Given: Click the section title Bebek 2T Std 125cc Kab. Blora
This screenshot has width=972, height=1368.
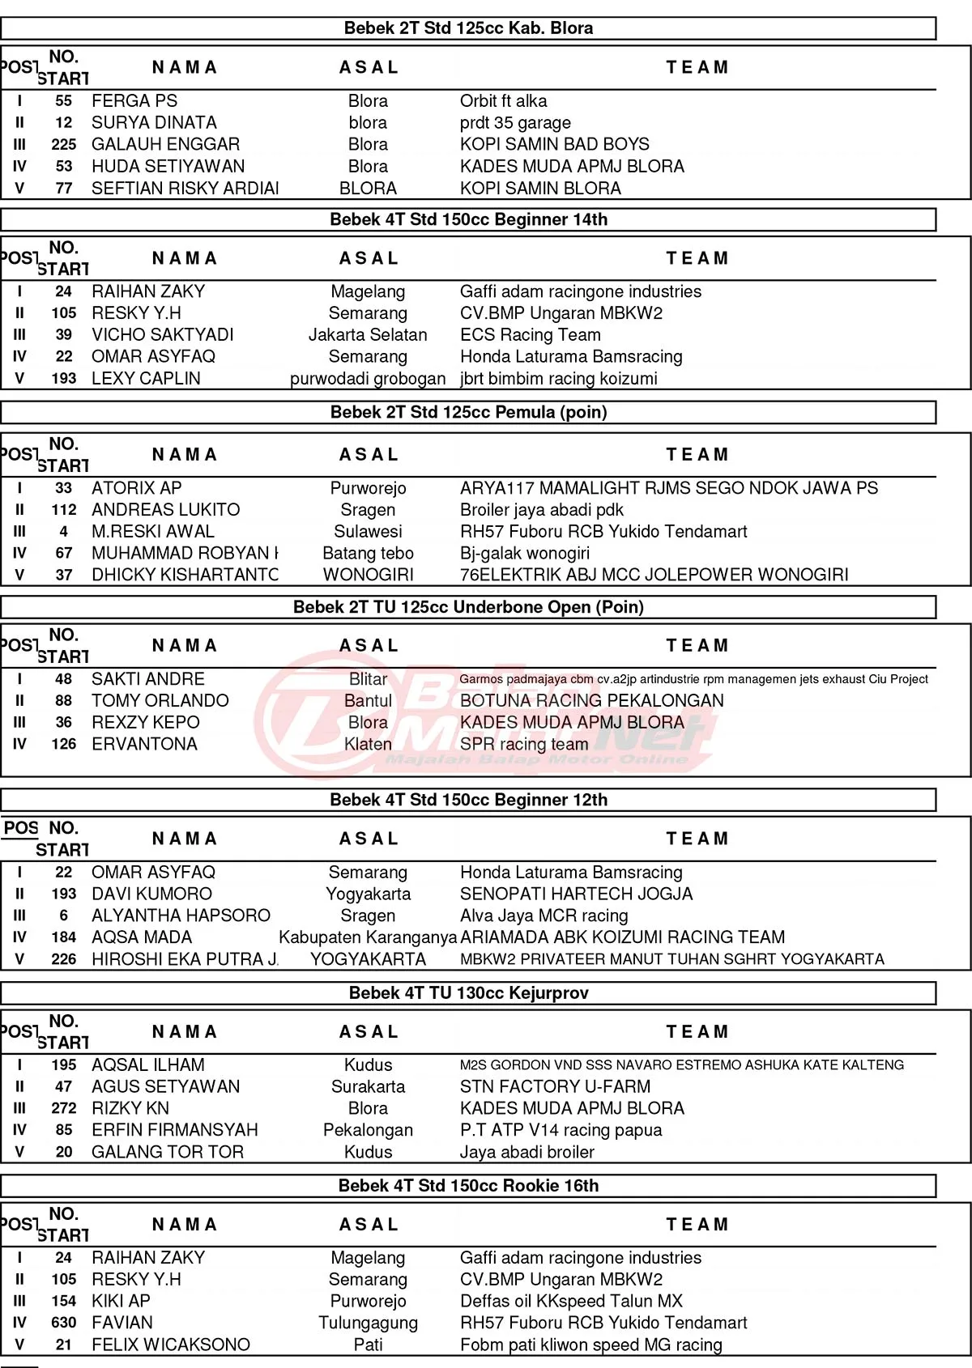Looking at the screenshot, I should (x=468, y=28).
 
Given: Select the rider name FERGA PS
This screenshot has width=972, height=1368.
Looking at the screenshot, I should (x=134, y=101).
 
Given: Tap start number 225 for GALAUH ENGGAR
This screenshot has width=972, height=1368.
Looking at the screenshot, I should (x=64, y=145).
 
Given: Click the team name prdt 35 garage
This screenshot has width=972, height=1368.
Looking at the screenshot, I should (x=515, y=123).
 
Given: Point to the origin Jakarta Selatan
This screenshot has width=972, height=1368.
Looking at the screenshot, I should (x=368, y=335).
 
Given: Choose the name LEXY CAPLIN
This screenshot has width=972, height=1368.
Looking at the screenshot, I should (x=146, y=379).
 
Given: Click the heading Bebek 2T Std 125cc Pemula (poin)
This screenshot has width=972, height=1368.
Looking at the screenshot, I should (x=468, y=412).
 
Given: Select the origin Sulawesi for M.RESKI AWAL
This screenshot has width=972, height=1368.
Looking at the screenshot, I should (x=368, y=532).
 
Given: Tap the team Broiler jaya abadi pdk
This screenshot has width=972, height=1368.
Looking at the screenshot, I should (x=542, y=510).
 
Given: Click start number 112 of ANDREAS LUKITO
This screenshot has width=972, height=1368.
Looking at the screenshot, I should (x=64, y=510).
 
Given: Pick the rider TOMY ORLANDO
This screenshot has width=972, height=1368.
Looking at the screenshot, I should (x=160, y=701).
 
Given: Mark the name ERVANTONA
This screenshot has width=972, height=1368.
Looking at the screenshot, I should (x=144, y=745).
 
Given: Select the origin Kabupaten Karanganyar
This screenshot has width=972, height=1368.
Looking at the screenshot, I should (x=368, y=937).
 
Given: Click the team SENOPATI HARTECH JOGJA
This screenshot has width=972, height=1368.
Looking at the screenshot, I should (x=577, y=894).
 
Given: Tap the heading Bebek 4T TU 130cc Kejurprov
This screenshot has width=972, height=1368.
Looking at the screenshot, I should (x=468, y=993).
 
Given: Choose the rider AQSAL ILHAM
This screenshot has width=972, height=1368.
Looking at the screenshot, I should (x=148, y=1065).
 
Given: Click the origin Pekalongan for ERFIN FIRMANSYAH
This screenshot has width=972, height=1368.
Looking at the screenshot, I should (x=368, y=1130).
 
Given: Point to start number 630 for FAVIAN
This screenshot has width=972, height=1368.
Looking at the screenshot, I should (x=64, y=1323).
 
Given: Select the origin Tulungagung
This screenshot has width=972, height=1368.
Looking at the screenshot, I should (x=368, y=1323).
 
